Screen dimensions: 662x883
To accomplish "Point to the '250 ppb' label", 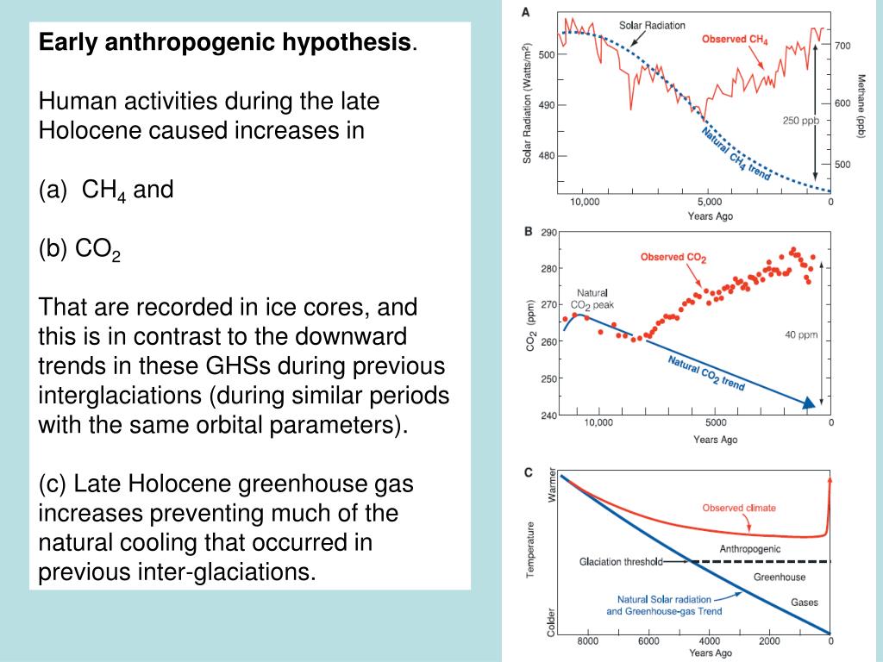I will pyautogui.click(x=801, y=120).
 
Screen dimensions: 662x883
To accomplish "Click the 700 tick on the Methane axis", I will pyautogui.click(x=843, y=46).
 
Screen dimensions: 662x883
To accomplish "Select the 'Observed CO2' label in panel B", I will pyautogui.click(x=673, y=257).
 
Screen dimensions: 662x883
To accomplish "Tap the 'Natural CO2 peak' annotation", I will pyautogui.click(x=592, y=298).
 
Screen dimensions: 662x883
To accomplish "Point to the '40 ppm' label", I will pyautogui.click(x=802, y=335).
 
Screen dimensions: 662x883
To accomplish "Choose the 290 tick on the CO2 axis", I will pyautogui.click(x=548, y=232).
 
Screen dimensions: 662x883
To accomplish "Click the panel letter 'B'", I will pyautogui.click(x=528, y=232).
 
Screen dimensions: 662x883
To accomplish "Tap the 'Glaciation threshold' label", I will pyautogui.click(x=620, y=563).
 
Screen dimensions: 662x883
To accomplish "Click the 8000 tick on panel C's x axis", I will pyautogui.click(x=587, y=641).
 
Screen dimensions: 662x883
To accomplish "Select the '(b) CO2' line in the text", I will pyautogui.click(x=80, y=250).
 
